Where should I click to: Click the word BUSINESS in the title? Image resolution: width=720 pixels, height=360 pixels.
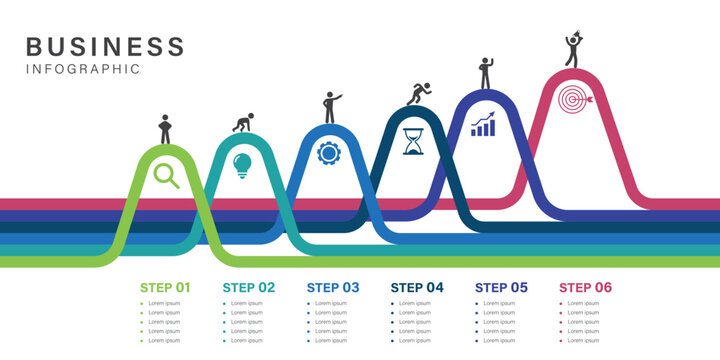tap(105, 46)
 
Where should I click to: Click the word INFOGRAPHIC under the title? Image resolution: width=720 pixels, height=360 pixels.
tap(83, 69)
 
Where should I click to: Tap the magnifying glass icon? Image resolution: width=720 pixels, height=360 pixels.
tap(166, 176)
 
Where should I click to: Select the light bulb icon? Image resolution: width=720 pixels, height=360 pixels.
tap(242, 165)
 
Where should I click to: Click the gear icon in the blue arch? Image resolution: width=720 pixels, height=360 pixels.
tap(328, 153)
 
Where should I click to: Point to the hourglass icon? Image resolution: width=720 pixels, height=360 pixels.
tap(413, 141)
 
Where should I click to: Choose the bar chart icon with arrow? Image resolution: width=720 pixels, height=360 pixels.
tap(484, 126)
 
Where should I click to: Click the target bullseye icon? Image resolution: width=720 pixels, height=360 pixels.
tap(576, 100)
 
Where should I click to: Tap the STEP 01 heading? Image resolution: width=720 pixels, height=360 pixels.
tap(165, 287)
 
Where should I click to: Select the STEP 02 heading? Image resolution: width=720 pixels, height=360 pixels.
tap(249, 287)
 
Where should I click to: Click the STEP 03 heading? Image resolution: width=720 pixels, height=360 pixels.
tap(333, 287)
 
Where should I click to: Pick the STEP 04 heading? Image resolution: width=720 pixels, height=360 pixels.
tap(417, 287)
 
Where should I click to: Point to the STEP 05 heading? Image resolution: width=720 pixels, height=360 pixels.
tap(501, 287)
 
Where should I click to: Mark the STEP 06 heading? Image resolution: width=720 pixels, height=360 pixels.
tap(585, 287)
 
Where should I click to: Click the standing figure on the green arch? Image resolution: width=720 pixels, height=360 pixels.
tap(165, 129)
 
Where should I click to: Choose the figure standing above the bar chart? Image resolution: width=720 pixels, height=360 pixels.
tap(486, 73)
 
